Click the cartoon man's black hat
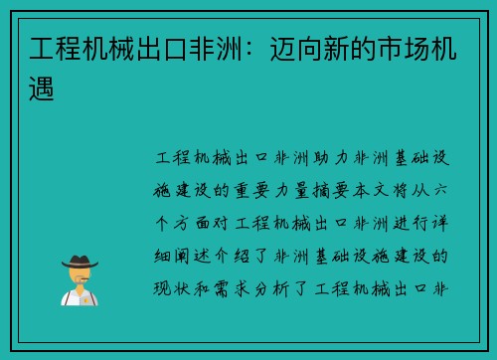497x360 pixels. (80, 261)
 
